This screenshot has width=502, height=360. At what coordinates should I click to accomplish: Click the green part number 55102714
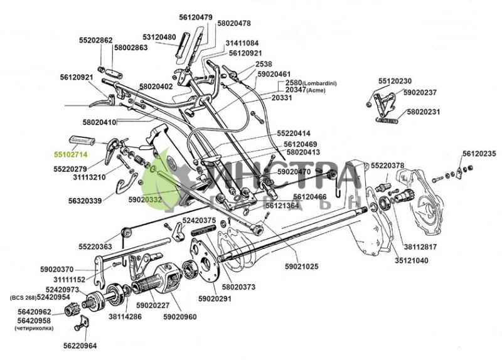pos(70,154)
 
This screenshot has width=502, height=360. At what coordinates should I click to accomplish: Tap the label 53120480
pos(159,37)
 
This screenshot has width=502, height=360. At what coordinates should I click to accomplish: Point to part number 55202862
pos(96,40)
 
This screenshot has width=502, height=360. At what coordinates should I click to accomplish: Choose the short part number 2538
pos(264,64)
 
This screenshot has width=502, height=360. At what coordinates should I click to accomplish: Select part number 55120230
pos(395,82)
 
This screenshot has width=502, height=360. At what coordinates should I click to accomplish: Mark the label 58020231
pos(424,112)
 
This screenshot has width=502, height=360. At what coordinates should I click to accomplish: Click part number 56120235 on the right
pos(479,154)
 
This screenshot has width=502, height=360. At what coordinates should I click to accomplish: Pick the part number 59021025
pos(301,267)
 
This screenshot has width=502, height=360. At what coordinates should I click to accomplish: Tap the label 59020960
pos(180,317)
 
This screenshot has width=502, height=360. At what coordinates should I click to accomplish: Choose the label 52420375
pos(200,221)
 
